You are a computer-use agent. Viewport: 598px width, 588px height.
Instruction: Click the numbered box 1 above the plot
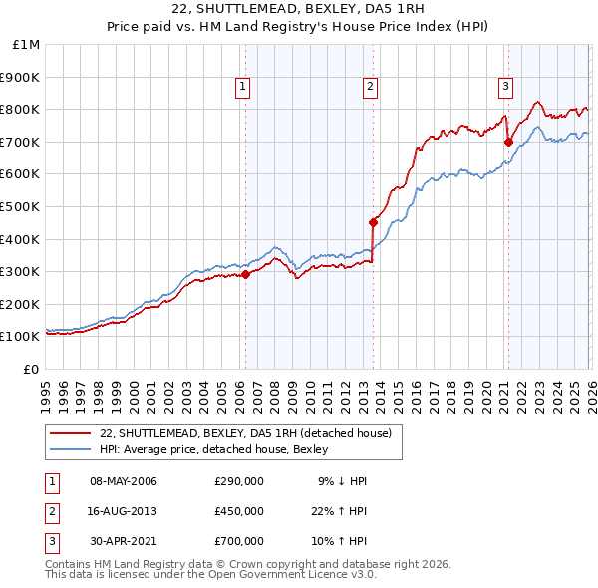[243, 88]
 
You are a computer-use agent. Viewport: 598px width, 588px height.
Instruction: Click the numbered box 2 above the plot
[370, 88]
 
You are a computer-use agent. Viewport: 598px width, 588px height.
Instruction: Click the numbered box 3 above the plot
[505, 88]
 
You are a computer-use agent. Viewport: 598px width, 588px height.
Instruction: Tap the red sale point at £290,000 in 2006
[245, 275]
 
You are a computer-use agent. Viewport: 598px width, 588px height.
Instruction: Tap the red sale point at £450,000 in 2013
[373, 222]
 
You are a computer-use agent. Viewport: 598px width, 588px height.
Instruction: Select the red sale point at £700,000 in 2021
[508, 142]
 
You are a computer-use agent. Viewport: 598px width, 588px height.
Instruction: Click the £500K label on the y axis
[22, 206]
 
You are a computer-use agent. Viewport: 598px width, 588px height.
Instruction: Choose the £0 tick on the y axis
[31, 369]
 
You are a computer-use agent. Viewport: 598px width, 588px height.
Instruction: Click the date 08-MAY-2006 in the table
[124, 482]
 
